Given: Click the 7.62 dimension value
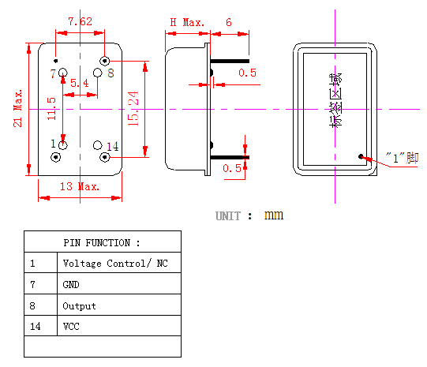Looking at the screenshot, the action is pyautogui.click(x=80, y=21).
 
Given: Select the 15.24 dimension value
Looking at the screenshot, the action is pyautogui.click(x=133, y=108).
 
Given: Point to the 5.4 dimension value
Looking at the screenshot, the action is pyautogui.click(x=80, y=83).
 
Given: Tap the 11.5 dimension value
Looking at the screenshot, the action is pyautogui.click(x=51, y=109).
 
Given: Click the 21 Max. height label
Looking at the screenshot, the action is pyautogui.click(x=17, y=108).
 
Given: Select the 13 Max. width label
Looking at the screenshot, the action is pyautogui.click(x=80, y=186).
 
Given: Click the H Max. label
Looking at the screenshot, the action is pyautogui.click(x=187, y=22).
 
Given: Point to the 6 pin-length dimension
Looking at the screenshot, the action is pyautogui.click(x=229, y=22).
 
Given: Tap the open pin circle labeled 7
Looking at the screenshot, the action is pyautogui.click(x=63, y=73).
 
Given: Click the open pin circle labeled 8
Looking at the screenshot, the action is pyautogui.click(x=98, y=73).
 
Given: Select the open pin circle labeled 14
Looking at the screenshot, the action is pyautogui.click(x=98, y=145).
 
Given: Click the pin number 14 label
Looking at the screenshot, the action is pyautogui.click(x=112, y=147).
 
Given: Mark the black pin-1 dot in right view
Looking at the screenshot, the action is pyautogui.click(x=361, y=156).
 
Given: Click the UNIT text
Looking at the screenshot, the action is pyautogui.click(x=228, y=216).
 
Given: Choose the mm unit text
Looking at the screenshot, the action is pyautogui.click(x=274, y=215).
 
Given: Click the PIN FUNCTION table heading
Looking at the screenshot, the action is pyautogui.click(x=102, y=242).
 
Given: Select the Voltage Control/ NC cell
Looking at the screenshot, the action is pyautogui.click(x=115, y=264).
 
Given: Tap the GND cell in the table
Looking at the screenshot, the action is pyautogui.click(x=71, y=284).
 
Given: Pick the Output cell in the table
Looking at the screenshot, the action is pyautogui.click(x=79, y=306).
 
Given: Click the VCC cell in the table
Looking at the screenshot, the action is pyautogui.click(x=71, y=326).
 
